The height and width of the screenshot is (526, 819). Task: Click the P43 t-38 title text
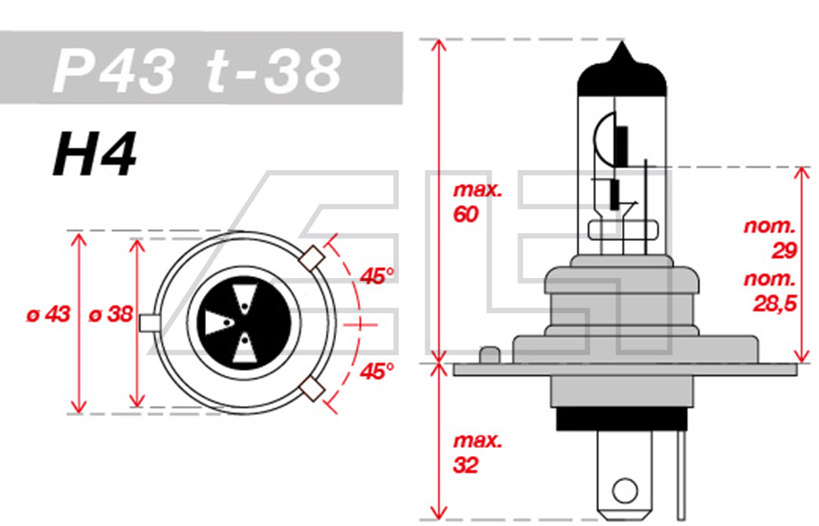(x=197, y=71)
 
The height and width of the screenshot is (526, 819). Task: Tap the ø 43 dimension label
(x=49, y=314)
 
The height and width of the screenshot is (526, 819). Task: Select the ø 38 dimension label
(x=111, y=314)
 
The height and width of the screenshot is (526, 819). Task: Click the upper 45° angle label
(x=377, y=276)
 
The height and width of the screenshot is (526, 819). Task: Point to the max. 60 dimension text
(x=477, y=203)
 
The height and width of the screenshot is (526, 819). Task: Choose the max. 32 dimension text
(x=477, y=454)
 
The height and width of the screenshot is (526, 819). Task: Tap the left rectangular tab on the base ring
(x=149, y=323)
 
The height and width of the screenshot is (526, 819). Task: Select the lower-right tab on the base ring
(x=311, y=389)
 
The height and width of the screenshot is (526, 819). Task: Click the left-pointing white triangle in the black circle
(x=217, y=323)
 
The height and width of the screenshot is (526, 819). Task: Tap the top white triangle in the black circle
(x=244, y=295)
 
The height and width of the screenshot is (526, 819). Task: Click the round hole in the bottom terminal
(x=625, y=491)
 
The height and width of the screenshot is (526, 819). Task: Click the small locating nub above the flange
(x=490, y=355)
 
